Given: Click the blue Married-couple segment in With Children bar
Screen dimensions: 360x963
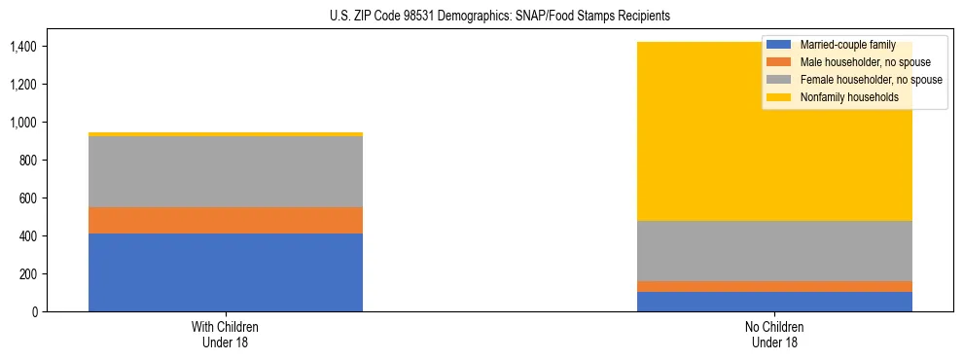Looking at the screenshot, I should pos(226,272).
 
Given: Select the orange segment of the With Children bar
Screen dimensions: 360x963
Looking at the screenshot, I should pos(226,220).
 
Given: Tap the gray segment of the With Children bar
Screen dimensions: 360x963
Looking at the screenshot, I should pos(226,171).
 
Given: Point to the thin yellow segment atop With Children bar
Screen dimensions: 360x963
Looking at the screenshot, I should pos(226,134).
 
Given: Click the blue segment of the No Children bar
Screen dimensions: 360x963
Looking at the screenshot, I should pos(775,302).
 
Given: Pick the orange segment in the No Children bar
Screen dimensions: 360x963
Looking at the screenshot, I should pos(775,286).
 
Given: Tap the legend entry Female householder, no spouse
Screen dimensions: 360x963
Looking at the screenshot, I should pos(869,80).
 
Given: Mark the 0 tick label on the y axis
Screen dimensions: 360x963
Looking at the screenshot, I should pos(37,312).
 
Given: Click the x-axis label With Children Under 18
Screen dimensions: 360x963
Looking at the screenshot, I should pos(226,334).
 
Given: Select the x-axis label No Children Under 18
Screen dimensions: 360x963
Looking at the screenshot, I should pos(775,334).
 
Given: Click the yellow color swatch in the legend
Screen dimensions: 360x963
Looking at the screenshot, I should pos(779,97).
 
